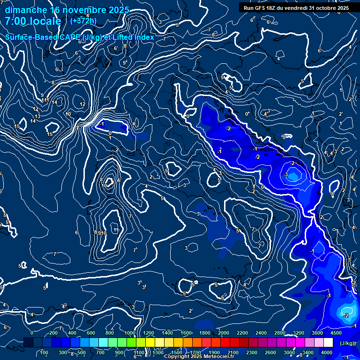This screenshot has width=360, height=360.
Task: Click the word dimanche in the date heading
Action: pyautogui.click(x=26, y=10)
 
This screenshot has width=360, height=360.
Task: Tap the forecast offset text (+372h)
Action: pyautogui.click(x=83, y=21)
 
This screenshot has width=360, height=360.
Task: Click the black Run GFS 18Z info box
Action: pyautogui.click(x=296, y=8)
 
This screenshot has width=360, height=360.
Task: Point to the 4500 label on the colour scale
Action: pyautogui.click(x=336, y=333)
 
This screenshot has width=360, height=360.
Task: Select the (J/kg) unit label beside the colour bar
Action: pyautogui.click(x=347, y=343)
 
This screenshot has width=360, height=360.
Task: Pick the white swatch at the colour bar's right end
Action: pyautogui.click(x=328, y=343)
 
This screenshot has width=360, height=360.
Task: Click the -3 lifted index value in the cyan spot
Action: pyautogui.click(x=285, y=174)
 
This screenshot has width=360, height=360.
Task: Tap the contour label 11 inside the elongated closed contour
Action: pyautogui.click(x=116, y=230)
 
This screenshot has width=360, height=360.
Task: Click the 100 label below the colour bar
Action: pyautogui.click(x=45, y=352)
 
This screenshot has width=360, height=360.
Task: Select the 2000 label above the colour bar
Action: pyautogui.click(x=223, y=333)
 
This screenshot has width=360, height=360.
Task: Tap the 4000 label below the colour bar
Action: pyautogui.click(x=327, y=352)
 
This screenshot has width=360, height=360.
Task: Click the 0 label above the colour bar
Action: pyautogui.click(x=32, y=333)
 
